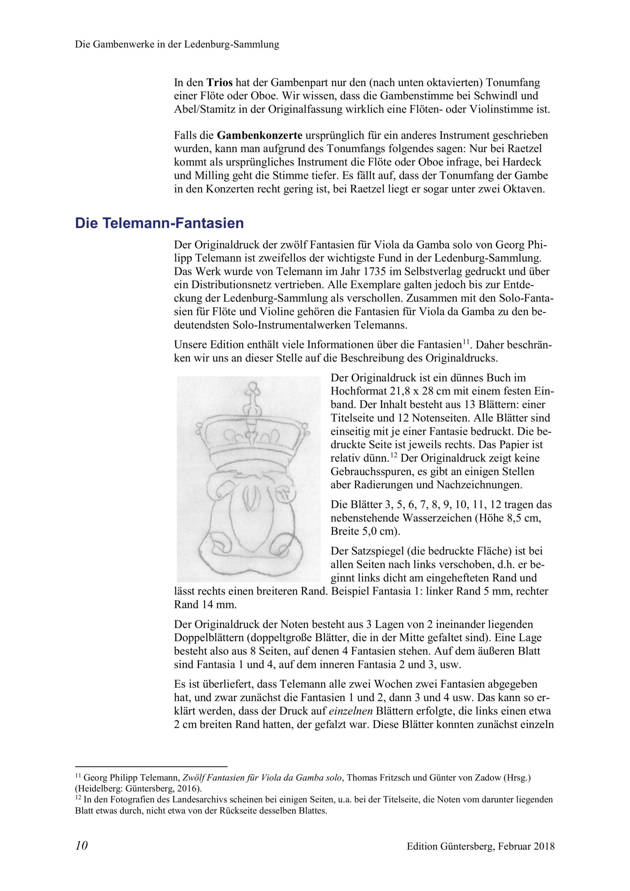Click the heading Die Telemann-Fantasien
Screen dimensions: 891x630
click(159, 223)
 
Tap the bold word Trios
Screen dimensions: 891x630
click(219, 82)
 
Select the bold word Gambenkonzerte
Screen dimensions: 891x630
click(260, 135)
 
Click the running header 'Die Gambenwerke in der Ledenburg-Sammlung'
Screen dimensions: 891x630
click(177, 45)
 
